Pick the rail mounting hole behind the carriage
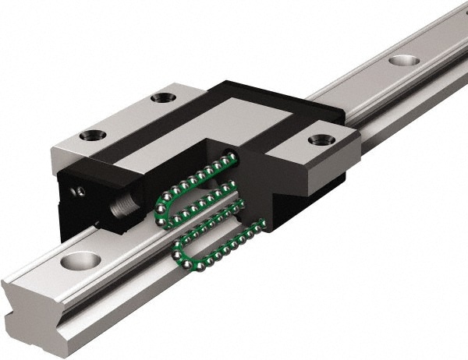coord(401,59)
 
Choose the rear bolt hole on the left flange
coord(162,97)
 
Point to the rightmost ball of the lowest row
coord(263,227)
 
